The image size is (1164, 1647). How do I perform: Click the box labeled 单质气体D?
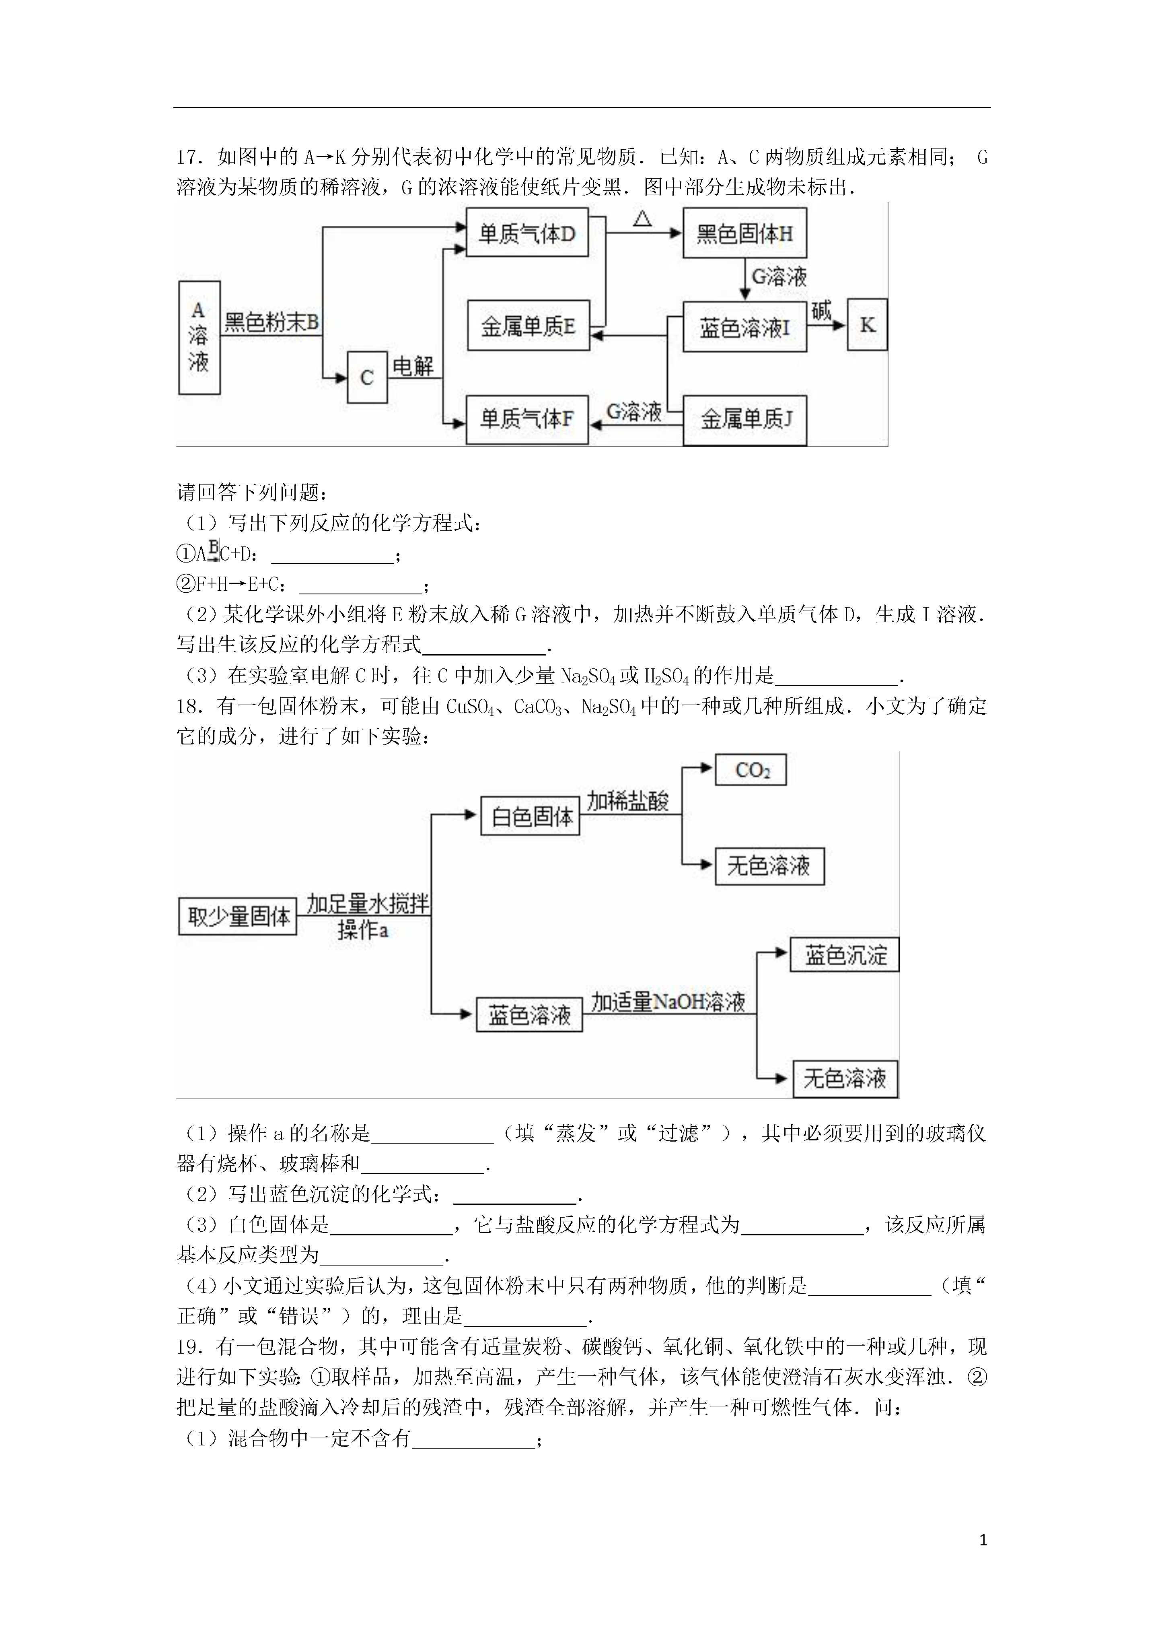click(x=527, y=233)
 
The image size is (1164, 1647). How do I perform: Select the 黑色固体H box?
click(x=744, y=233)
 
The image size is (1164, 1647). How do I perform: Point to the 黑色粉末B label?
click(x=271, y=322)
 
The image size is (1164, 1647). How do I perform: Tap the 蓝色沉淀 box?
click(x=845, y=955)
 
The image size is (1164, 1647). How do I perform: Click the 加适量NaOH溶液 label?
click(x=668, y=1002)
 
